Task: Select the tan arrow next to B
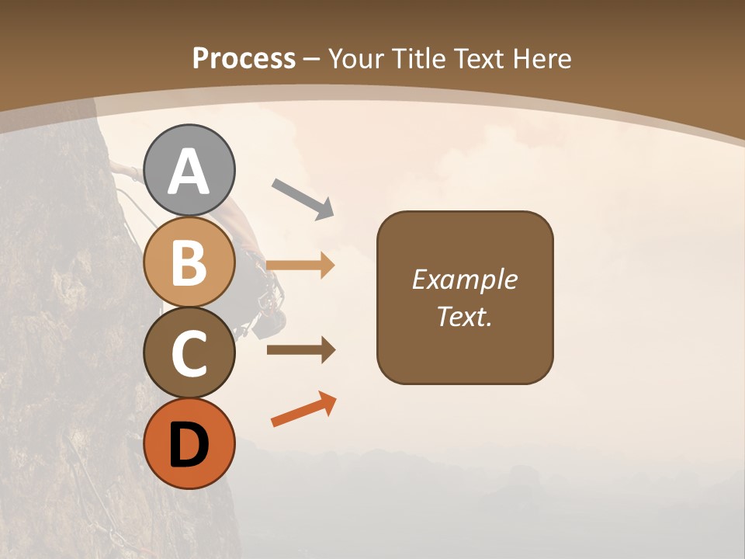300,265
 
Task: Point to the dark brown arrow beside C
300,350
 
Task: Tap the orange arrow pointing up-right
303,409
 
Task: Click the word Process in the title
244,58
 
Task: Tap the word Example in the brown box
464,279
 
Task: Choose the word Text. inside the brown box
464,316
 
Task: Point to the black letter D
189,445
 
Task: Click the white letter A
189,172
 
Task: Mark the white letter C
189,353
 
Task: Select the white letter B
189,262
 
